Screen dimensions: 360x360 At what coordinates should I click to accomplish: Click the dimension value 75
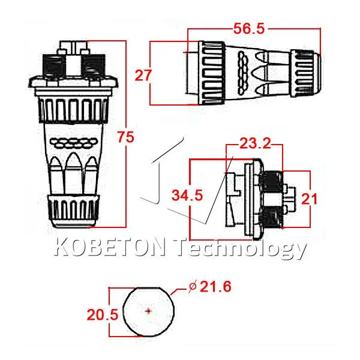tap(125, 137)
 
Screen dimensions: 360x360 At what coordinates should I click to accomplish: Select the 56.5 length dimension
tap(249, 29)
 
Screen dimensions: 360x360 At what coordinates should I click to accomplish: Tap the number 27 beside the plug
tap(143, 75)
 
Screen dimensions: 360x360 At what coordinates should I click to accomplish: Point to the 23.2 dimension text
tap(255, 144)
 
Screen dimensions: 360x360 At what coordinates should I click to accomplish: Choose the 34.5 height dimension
tap(187, 196)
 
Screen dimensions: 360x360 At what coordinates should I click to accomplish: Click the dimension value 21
tap(309, 199)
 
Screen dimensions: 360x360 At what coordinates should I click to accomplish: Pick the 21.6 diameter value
tap(215, 287)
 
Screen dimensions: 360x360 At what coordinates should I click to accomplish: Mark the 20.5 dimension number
tap(103, 314)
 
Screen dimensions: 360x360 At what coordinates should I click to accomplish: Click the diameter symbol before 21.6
tap(193, 286)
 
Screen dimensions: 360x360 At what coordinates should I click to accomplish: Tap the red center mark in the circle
tap(148, 311)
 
